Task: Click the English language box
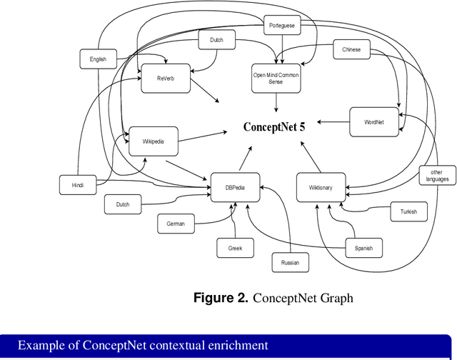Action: point(98,59)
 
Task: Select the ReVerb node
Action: point(166,79)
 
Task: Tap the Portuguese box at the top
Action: point(282,26)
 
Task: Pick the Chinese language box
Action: point(351,50)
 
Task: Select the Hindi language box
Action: point(78,185)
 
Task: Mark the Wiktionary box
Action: point(321,187)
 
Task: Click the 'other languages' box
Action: point(436,176)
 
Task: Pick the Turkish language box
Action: point(408,211)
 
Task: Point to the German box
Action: point(176,224)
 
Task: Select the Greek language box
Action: point(236,248)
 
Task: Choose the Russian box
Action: point(290,263)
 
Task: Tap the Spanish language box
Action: point(363,249)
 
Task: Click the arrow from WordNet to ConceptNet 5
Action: point(333,122)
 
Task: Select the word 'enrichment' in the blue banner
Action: point(234,346)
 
